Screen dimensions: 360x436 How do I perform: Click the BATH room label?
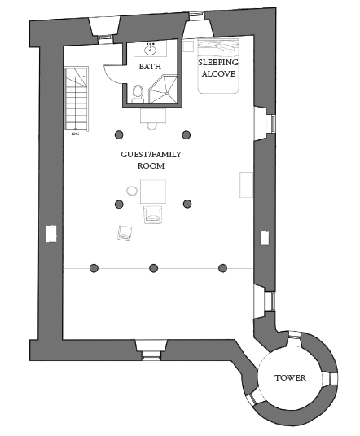(x=150, y=67)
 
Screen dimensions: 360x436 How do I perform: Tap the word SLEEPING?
(x=218, y=63)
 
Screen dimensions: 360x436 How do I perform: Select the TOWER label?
(x=290, y=377)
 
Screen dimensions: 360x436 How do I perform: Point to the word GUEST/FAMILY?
(x=151, y=154)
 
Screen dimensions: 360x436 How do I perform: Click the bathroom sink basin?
(x=150, y=50)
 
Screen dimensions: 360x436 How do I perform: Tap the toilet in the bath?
(x=138, y=93)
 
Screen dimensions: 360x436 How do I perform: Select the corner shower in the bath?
(x=163, y=89)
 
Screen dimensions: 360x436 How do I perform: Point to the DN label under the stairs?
(x=76, y=134)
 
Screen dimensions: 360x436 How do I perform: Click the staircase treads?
(x=77, y=98)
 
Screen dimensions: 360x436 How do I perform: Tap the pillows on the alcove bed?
(x=219, y=46)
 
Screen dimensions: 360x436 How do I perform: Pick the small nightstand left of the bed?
(x=188, y=46)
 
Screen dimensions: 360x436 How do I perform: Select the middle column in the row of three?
(x=154, y=268)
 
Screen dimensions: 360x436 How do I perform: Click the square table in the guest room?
(x=153, y=192)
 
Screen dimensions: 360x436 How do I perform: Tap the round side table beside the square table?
(x=132, y=191)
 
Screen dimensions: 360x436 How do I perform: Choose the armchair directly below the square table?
(x=152, y=214)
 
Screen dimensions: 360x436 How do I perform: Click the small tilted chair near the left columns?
(x=125, y=233)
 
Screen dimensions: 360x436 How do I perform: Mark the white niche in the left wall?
(x=51, y=234)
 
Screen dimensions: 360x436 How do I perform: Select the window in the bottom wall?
(x=151, y=355)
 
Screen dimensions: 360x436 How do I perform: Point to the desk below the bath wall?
(x=153, y=116)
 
